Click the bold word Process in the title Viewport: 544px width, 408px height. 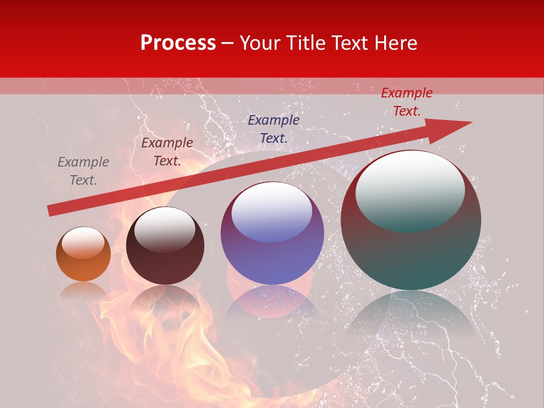pos(178,43)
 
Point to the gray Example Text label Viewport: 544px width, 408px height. pos(83,171)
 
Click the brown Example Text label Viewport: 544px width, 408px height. pos(167,152)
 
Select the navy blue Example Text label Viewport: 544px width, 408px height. pos(274,129)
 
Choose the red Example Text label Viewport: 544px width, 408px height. pos(407,102)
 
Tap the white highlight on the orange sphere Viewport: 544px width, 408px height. pos(86,242)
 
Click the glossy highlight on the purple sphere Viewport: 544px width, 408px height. pos(272,211)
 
